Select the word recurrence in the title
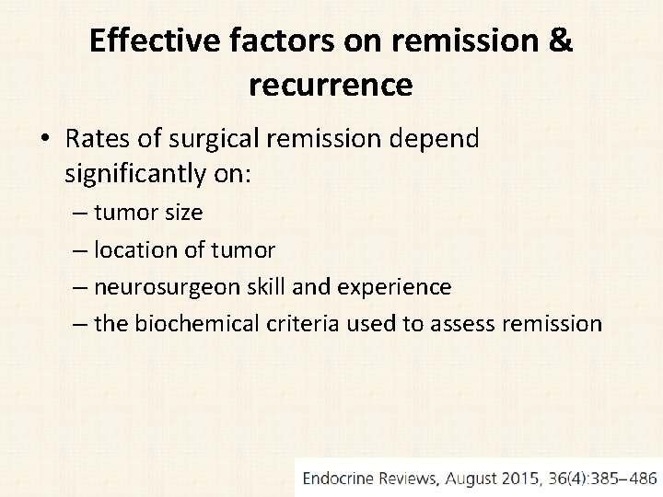[x=331, y=85]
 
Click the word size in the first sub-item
[x=182, y=213]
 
